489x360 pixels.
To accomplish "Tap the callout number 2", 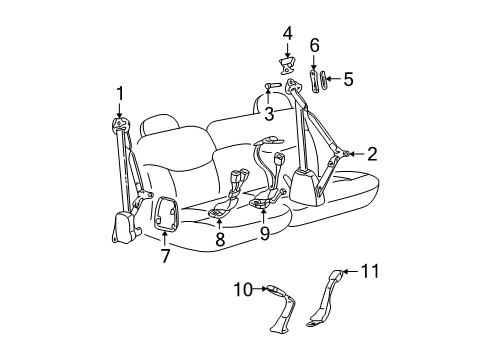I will click(372, 154).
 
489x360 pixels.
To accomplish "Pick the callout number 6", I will click(313, 45).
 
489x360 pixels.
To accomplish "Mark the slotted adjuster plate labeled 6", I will click(313, 77).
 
